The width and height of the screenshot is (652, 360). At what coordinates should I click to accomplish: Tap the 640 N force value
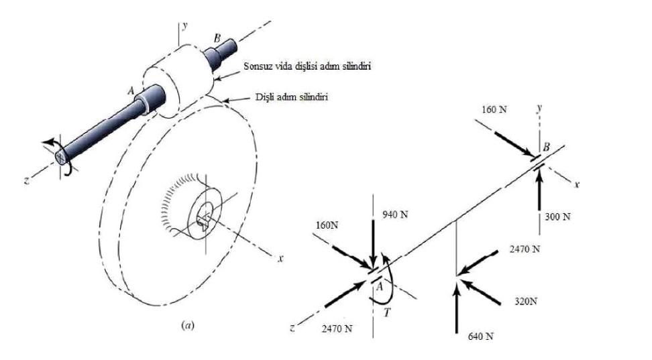480,336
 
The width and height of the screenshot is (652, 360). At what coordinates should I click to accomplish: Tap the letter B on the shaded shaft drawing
217,38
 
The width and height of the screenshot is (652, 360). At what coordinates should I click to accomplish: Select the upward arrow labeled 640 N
457,308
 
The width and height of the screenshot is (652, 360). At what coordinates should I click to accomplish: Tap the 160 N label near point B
494,108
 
